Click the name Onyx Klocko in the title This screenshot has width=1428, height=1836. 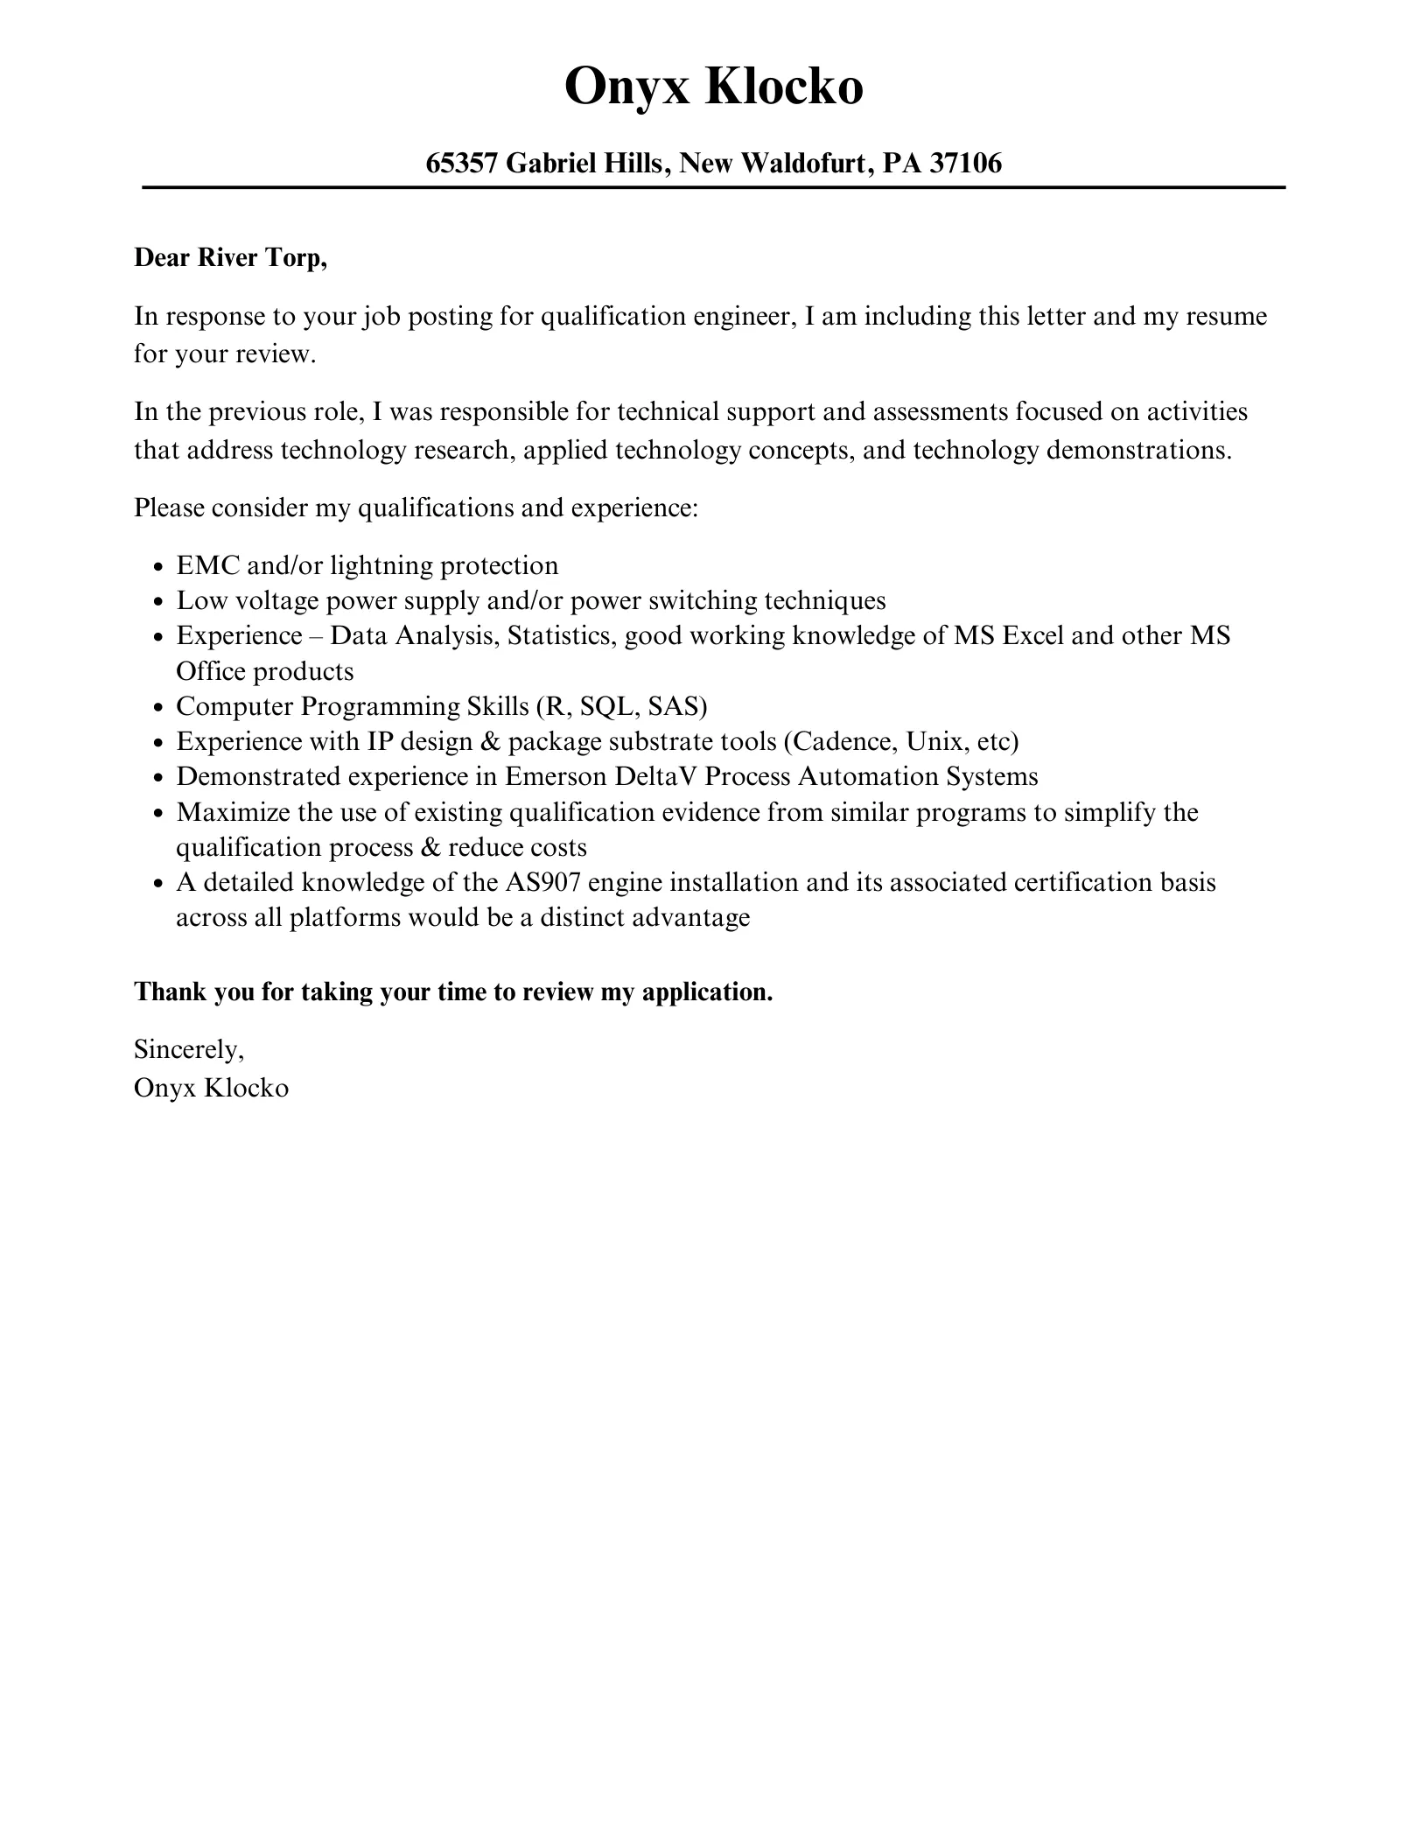click(x=713, y=88)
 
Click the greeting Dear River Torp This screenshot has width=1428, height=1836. click(x=230, y=258)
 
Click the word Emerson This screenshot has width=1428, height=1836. click(x=556, y=776)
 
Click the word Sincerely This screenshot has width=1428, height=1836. click(x=189, y=1048)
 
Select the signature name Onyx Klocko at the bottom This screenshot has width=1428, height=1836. click(x=211, y=1088)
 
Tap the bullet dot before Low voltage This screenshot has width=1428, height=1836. click(x=157, y=602)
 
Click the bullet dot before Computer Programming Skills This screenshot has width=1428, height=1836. click(x=157, y=707)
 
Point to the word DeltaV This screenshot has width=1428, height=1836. click(x=656, y=776)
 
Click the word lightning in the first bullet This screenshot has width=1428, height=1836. click(x=381, y=566)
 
